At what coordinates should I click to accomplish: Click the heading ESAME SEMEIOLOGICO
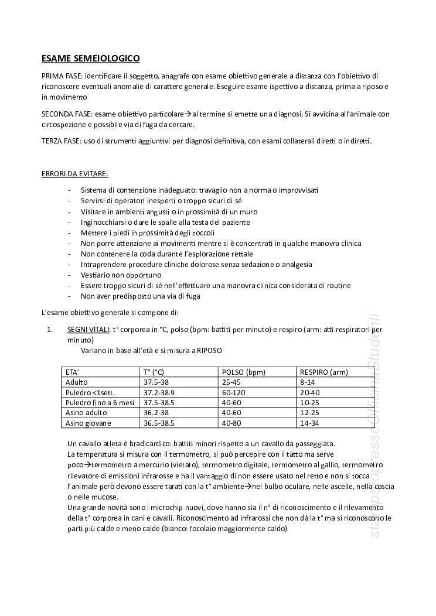click(x=90, y=59)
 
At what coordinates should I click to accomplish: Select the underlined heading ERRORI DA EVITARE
click(x=74, y=174)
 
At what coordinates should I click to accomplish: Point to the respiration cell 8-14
click(x=308, y=382)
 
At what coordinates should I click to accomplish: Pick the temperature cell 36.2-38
click(x=156, y=412)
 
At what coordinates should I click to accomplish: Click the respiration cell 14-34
click(x=309, y=422)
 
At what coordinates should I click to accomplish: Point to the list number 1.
click(x=50, y=330)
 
